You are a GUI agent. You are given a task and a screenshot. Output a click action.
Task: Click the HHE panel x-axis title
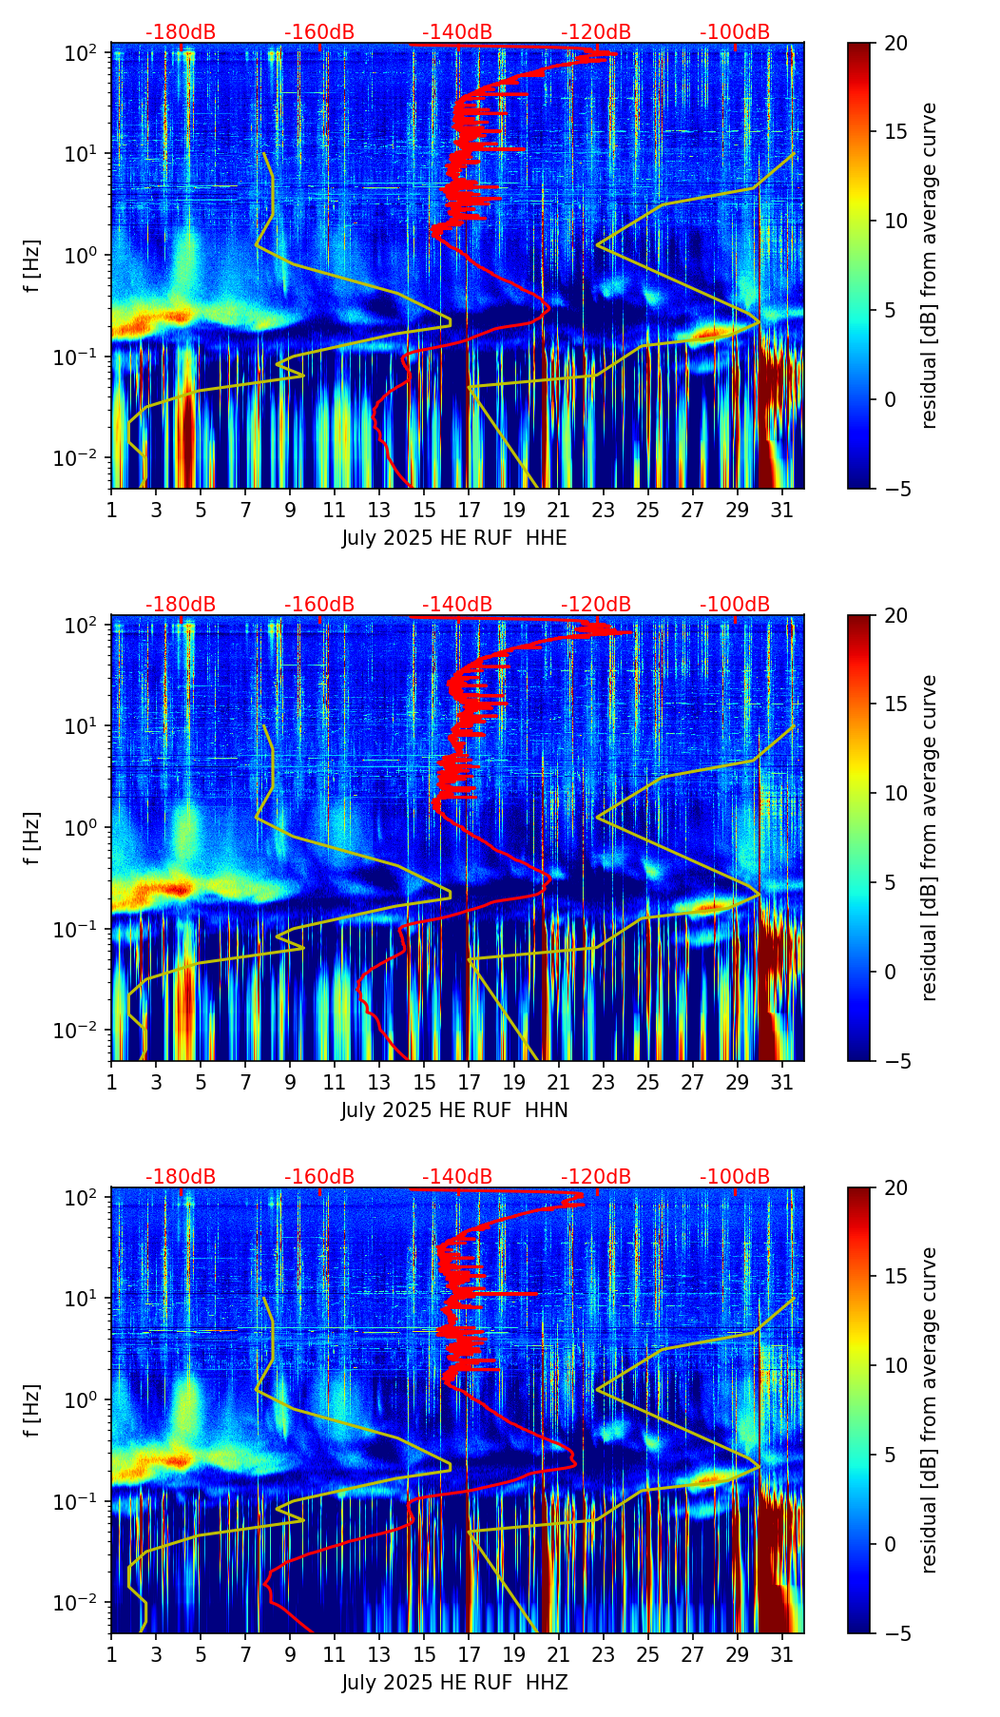pos(454,538)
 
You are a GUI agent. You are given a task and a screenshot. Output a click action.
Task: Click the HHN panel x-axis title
pos(454,1110)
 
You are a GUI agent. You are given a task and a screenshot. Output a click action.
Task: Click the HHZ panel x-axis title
pos(454,1683)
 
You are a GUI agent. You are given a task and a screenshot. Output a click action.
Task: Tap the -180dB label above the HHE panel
pos(181,32)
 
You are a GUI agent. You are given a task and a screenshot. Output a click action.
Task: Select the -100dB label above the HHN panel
pos(735,605)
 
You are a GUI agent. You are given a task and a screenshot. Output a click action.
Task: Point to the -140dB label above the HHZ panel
pos(457,1177)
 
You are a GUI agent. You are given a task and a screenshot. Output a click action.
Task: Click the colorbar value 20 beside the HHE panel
pos(895,43)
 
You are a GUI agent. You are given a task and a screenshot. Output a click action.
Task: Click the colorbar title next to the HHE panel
pos(929,265)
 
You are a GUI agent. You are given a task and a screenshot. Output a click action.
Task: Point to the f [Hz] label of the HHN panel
pos(32,838)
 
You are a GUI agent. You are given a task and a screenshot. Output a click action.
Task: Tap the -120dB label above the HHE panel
pos(596,32)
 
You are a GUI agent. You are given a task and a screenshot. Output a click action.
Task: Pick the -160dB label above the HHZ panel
pos(319,1177)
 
